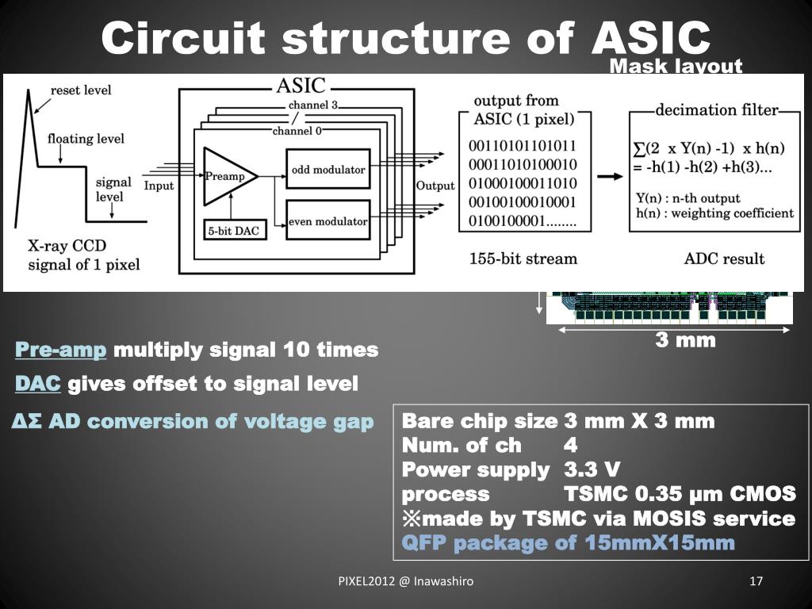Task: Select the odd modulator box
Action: pos(327,169)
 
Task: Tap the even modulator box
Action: pos(327,221)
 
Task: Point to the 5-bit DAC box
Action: pos(235,231)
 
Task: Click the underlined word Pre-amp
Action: pos(61,350)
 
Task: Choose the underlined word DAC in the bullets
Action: pos(38,385)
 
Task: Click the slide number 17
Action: pos(756,581)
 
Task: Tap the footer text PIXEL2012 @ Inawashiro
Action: pos(406,581)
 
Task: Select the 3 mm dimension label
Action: pos(685,341)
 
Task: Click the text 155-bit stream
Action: pos(523,259)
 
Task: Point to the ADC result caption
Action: pos(724,259)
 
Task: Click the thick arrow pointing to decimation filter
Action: pos(610,176)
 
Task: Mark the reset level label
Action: pos(81,90)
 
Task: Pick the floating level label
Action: pos(86,139)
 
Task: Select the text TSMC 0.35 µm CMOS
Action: pos(680,494)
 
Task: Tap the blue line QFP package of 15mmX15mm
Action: pos(569,543)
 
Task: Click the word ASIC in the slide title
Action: pos(650,37)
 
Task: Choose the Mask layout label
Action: pos(676,66)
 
